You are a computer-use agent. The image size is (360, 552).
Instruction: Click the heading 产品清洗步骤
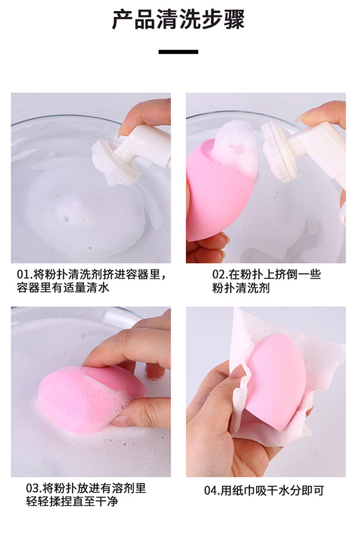(x=178, y=20)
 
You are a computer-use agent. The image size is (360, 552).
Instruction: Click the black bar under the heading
(x=178, y=52)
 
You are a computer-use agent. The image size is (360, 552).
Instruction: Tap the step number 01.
(x=23, y=275)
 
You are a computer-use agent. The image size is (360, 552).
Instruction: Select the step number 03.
(x=33, y=488)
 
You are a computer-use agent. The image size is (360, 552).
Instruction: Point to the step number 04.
(x=211, y=490)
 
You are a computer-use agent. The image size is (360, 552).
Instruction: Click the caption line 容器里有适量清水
(x=63, y=288)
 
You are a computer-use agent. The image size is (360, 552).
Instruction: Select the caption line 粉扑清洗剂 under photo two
(x=241, y=288)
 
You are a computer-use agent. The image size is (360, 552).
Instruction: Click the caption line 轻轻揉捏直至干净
(x=72, y=501)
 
